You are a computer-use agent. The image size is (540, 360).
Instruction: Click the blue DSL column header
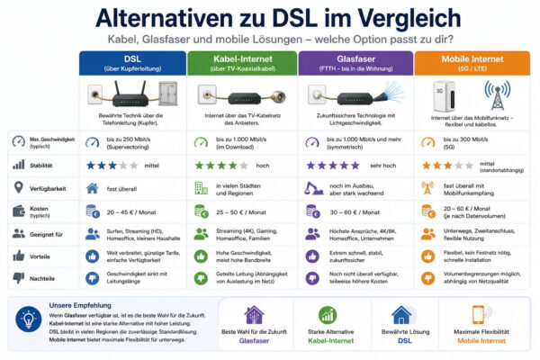point(132,62)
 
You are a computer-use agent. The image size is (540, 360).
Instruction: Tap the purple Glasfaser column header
point(355,62)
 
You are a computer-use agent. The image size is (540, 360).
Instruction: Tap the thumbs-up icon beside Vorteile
point(18,256)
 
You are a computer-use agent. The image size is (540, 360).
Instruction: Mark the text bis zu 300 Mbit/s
point(481,139)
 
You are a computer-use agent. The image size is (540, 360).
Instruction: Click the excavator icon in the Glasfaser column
point(314,188)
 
